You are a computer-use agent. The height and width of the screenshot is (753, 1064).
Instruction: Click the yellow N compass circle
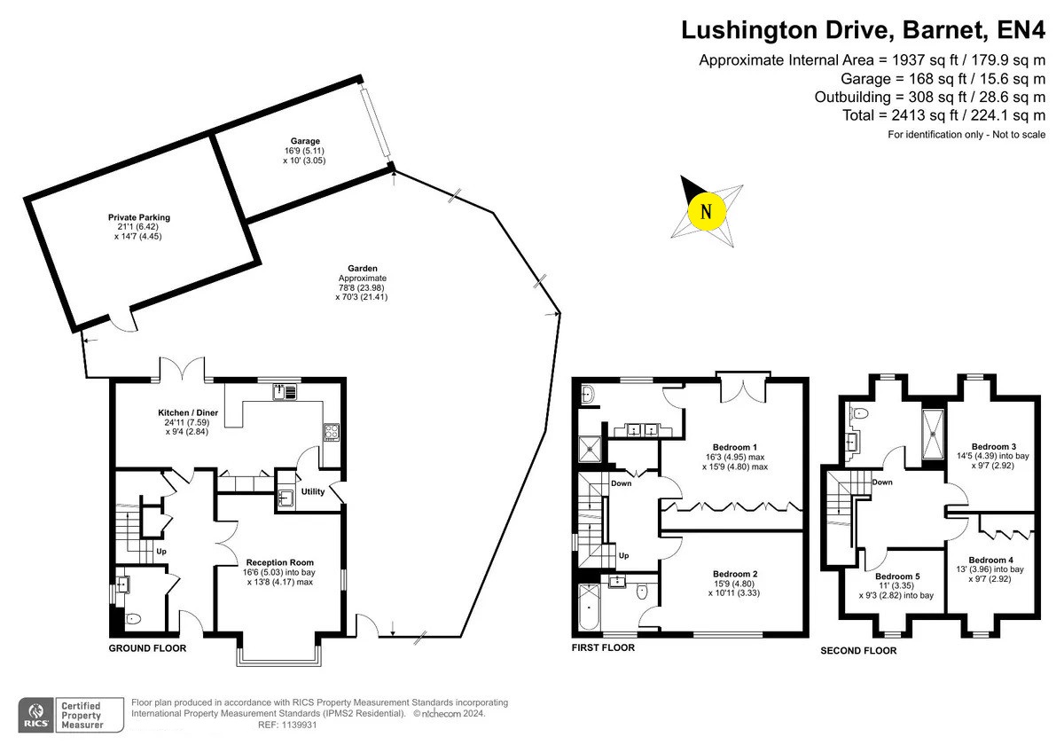(707, 211)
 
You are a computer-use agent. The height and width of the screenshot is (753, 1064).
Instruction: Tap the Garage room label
(305, 141)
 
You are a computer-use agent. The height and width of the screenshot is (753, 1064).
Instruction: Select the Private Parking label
(138, 217)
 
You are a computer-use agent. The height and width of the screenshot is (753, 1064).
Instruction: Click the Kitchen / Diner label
(188, 412)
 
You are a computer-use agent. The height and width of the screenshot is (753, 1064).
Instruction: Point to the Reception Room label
(280, 562)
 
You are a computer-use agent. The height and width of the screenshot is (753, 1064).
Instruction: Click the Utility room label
(312, 491)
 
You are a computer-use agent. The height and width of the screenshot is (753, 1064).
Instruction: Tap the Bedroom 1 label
(735, 448)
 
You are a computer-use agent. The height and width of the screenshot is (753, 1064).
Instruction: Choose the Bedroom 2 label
(735, 575)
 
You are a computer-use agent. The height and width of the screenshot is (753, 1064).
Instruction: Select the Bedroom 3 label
(994, 447)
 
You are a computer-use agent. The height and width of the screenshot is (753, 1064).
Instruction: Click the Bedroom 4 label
(991, 561)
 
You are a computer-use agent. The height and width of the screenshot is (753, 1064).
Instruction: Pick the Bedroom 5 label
(897, 577)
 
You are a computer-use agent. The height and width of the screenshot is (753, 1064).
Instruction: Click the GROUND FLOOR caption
(147, 648)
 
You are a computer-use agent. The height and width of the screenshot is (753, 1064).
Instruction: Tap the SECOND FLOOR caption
(858, 651)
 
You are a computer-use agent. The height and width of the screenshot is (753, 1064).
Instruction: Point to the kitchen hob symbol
(331, 432)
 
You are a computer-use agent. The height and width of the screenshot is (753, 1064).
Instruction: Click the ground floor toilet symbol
(133, 618)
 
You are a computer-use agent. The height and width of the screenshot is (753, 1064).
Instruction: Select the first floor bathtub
(590, 608)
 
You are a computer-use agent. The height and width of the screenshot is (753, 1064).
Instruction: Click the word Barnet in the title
(943, 30)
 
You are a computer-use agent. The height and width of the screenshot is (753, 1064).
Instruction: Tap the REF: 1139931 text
(287, 725)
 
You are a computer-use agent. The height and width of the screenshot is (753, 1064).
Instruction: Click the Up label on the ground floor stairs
(161, 552)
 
